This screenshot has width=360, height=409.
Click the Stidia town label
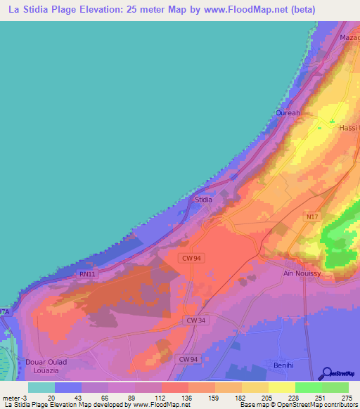click(x=203, y=200)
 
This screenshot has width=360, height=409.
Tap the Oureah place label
click(x=287, y=112)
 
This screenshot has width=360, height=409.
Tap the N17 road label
click(x=311, y=218)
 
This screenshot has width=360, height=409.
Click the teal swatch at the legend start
click(x=41, y=387)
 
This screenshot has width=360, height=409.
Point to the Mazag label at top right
click(x=349, y=37)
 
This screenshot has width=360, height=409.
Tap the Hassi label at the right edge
click(x=349, y=128)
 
